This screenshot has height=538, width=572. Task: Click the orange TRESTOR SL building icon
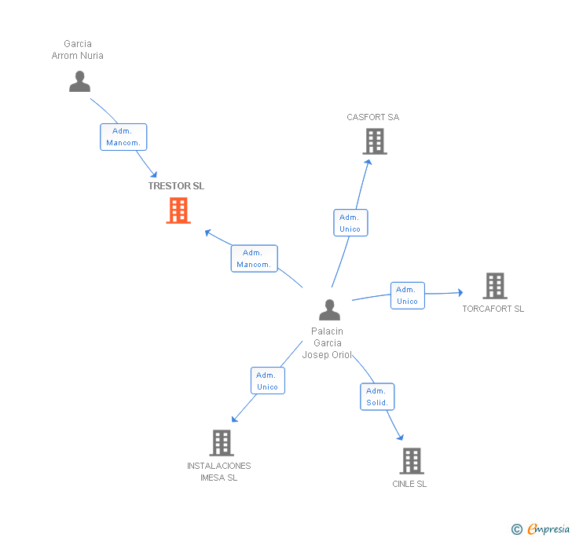pos(178,210)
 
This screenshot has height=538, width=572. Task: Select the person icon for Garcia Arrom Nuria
pos(79,82)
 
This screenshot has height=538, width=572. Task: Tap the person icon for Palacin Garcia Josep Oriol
pos(330,309)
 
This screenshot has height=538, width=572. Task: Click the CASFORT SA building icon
pos(375,141)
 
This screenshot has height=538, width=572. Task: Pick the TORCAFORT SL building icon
pos(494,286)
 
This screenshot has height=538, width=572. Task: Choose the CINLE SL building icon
pos(411,460)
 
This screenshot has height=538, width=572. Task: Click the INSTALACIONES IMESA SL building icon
pos(222,443)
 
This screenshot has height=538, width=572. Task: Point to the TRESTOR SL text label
pos(176,186)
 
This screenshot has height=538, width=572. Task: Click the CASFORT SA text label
pos(373,117)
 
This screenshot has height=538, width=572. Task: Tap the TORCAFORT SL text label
pos(493,309)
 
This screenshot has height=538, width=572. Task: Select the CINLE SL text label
pos(409,484)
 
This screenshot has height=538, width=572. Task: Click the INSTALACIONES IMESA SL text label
pos(219,471)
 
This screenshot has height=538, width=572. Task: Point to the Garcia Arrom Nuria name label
pos(78,49)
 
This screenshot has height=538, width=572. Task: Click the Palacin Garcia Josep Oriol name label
pos(328,343)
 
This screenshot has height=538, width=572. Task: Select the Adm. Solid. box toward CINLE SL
pos(377,397)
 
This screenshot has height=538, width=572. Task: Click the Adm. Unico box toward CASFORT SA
pos(350,223)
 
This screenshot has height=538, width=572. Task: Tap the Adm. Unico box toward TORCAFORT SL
pos(407,295)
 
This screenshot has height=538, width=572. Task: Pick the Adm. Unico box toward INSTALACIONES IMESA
pos(267,381)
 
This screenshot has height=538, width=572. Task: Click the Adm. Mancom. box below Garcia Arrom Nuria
pos(123,137)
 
